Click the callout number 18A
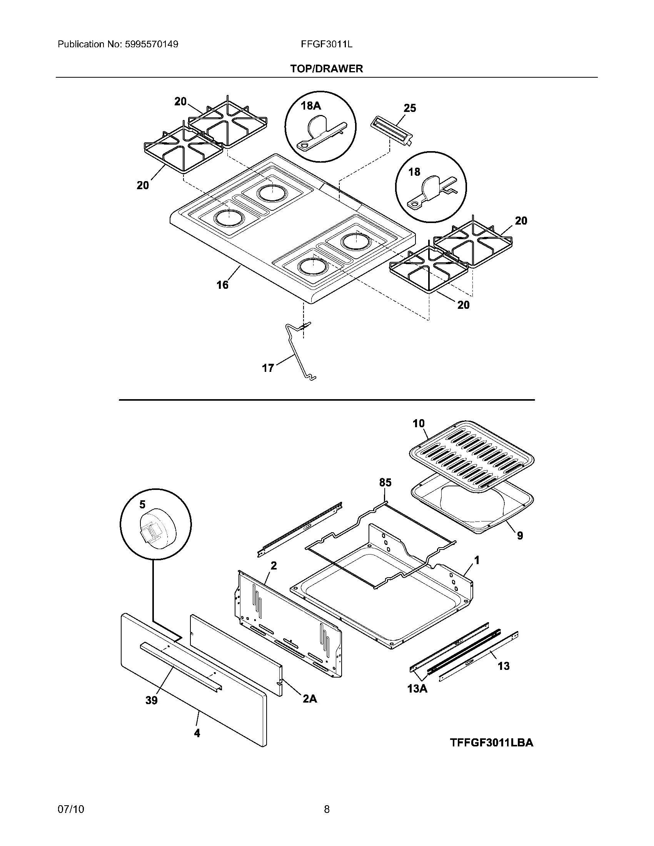(311, 105)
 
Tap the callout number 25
(410, 108)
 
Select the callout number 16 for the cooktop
(222, 285)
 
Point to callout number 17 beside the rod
(268, 368)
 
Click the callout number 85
(385, 482)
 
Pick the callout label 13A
(417, 689)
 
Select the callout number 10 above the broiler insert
(419, 424)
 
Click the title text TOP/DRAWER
(327, 69)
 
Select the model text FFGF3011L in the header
(327, 44)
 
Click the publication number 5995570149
(152, 44)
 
